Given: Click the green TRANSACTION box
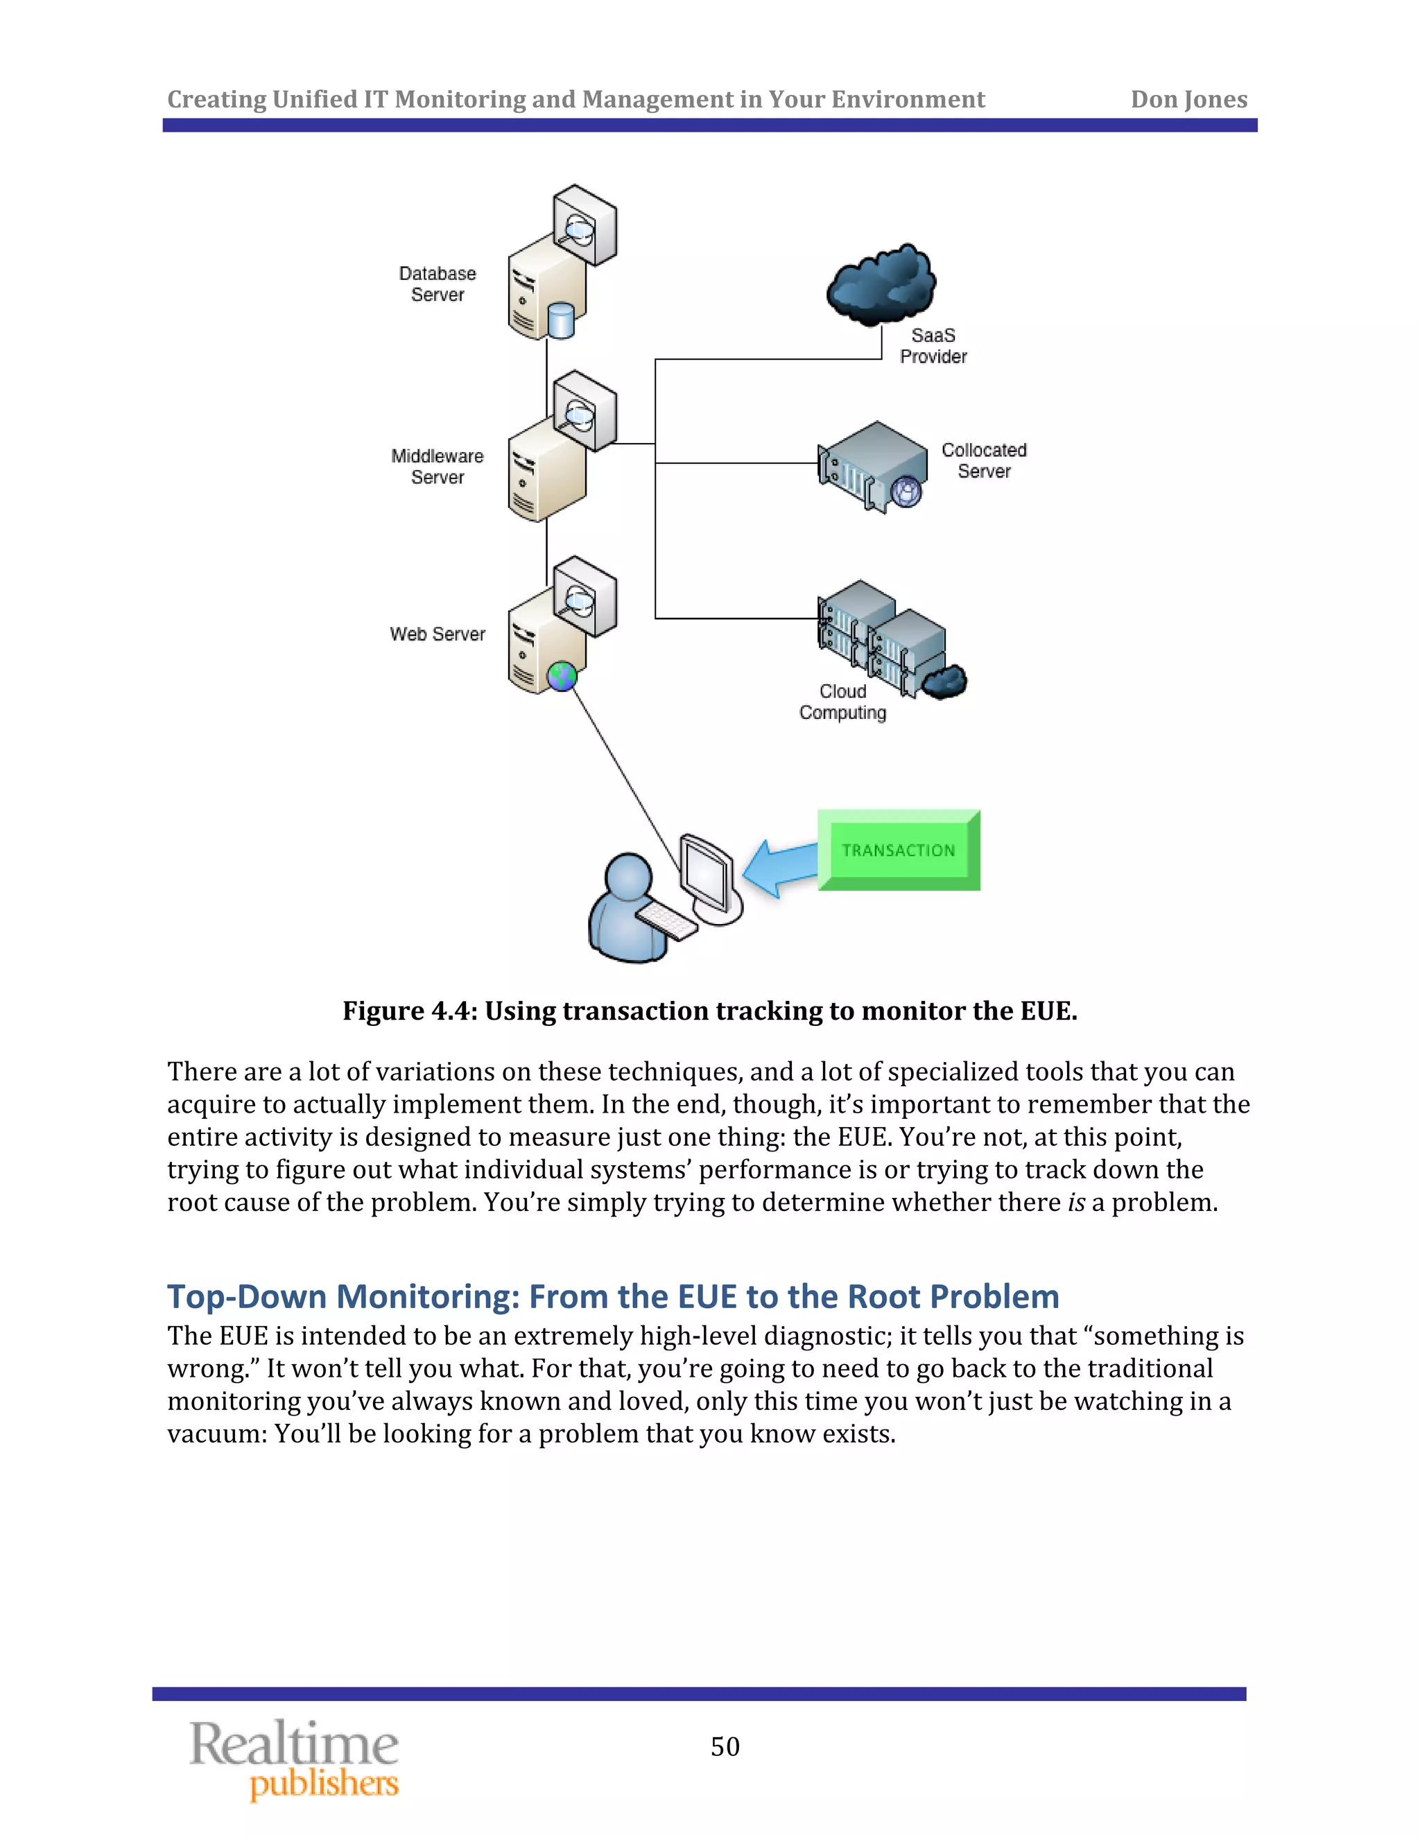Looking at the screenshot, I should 899,850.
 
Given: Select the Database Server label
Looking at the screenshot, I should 438,284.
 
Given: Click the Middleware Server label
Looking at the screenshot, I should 438,467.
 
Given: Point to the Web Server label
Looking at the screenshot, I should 438,634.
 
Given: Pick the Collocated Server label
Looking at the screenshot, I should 983,461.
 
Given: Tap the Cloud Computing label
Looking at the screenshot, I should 843,702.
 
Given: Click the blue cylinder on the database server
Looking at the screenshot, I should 560,320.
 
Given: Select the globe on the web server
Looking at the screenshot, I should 561,675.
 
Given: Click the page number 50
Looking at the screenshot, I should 725,1747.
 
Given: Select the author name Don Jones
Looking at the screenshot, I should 1188,99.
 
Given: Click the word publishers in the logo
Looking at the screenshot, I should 324,1783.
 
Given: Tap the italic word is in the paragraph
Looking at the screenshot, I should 1076,1203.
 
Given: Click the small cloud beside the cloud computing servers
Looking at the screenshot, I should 945,681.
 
